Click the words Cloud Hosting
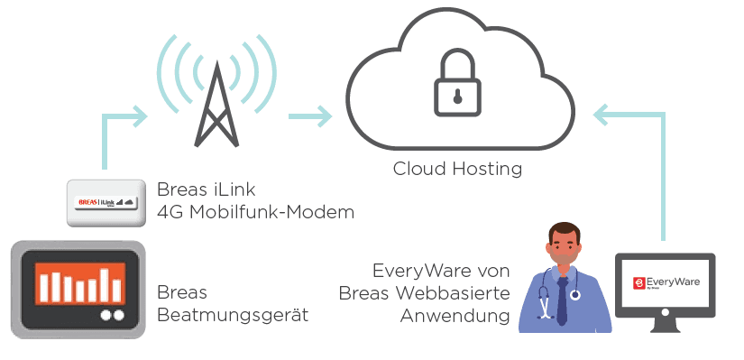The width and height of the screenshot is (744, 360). pos(457,169)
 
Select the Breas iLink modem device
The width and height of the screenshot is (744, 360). pos(106,203)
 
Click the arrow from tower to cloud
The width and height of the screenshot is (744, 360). pos(310,116)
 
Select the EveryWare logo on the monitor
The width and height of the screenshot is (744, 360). pos(666,283)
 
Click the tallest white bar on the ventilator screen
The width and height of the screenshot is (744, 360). pos(105,285)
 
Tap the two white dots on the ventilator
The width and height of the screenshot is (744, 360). pos(113,316)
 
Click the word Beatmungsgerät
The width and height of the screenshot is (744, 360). pos(233,315)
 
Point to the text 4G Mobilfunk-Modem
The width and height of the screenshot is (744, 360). pos(256,212)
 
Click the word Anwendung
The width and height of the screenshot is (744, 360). pos(455,316)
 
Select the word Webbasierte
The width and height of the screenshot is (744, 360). pos(453,293)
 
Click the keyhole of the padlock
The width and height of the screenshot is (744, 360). pos(457,97)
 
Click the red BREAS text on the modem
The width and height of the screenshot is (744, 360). pos(87,202)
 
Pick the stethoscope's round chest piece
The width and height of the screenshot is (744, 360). pos(575,295)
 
